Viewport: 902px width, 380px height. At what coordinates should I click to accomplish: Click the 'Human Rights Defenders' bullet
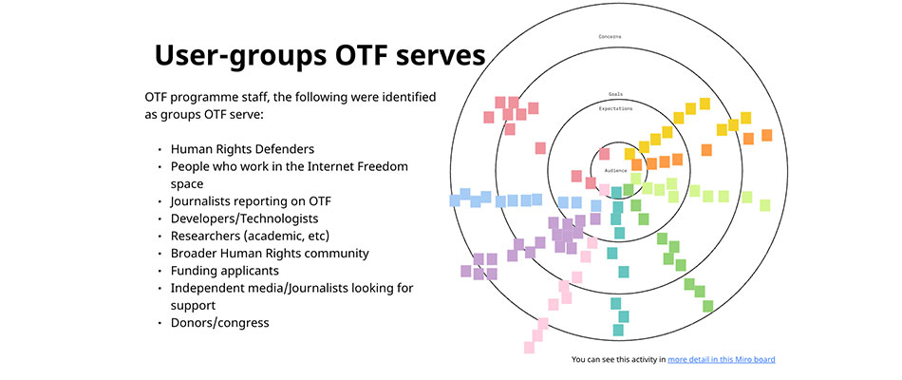(x=242, y=149)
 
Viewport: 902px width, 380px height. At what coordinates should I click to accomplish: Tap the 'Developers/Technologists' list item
(x=244, y=218)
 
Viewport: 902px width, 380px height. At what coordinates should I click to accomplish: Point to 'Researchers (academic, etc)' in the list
(x=250, y=236)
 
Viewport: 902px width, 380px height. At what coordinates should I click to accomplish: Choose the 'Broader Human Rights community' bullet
(x=270, y=254)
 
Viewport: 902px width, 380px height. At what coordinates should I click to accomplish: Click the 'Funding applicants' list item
(x=225, y=271)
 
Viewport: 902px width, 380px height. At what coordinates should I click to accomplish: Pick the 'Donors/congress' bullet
(x=219, y=323)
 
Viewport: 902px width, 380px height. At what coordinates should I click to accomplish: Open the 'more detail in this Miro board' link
(x=722, y=360)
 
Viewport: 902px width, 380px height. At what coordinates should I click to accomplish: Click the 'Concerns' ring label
(x=610, y=37)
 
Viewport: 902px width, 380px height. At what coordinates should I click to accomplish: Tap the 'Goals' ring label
(x=615, y=95)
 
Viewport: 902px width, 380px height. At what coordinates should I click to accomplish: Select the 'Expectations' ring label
(x=615, y=108)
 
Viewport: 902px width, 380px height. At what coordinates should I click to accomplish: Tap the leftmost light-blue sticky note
(x=455, y=200)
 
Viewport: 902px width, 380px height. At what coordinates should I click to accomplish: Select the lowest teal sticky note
(x=618, y=330)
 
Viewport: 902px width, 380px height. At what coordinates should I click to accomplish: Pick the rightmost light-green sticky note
(x=764, y=204)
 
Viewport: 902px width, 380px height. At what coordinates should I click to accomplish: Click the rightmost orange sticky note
(x=766, y=135)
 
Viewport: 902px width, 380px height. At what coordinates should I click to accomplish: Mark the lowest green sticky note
(x=708, y=306)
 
